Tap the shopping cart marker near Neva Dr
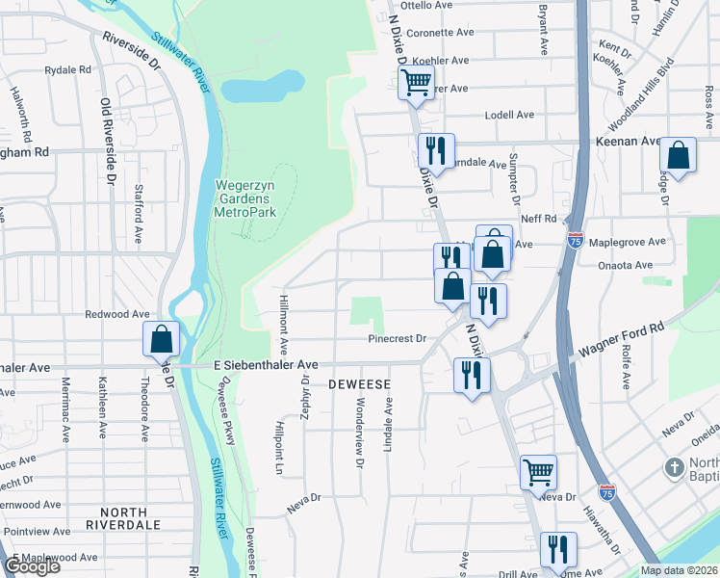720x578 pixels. [x=538, y=471]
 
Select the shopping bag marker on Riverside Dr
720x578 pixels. [x=162, y=338]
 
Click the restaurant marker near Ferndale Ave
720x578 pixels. [x=435, y=150]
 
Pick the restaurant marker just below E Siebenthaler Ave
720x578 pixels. [x=471, y=374]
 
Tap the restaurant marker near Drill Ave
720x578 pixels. [x=557, y=549]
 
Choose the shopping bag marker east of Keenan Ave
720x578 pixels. [x=679, y=155]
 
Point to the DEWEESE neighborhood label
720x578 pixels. [x=359, y=383]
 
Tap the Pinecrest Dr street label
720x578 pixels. [x=397, y=338]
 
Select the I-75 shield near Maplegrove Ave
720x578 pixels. [x=576, y=241]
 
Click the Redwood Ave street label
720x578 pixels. [x=117, y=314]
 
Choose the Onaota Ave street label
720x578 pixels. [x=627, y=265]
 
